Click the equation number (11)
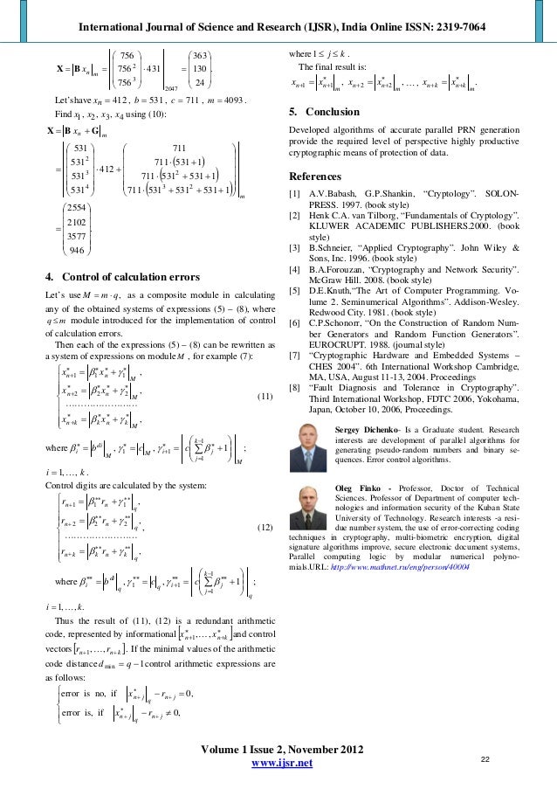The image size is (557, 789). click(267, 372)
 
